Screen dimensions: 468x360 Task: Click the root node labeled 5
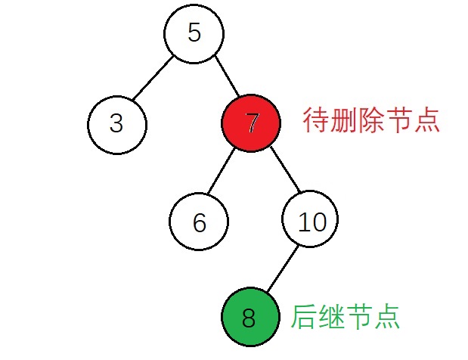point(194,33)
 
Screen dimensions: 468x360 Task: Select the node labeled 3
point(117,125)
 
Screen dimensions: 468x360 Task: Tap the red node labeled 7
point(251,123)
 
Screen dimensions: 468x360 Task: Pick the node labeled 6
point(199,221)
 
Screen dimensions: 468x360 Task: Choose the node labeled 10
point(310,219)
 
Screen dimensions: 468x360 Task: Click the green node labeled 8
point(250,317)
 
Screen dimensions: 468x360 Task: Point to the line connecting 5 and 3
point(153,78)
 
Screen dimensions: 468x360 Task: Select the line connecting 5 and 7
point(227,76)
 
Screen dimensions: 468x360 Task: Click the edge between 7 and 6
point(222,171)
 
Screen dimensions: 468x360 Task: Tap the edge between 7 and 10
point(285,169)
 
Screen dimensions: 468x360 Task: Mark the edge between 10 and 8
point(283,268)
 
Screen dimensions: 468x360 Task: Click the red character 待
point(316,120)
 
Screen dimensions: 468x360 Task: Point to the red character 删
point(343,120)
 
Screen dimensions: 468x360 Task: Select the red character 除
point(370,120)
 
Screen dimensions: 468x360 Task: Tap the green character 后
point(303,317)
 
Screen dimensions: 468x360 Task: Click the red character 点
point(426,120)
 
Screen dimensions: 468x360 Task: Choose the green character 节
point(358,317)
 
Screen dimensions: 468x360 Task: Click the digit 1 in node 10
point(303,222)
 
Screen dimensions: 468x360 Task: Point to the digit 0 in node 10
point(318,222)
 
